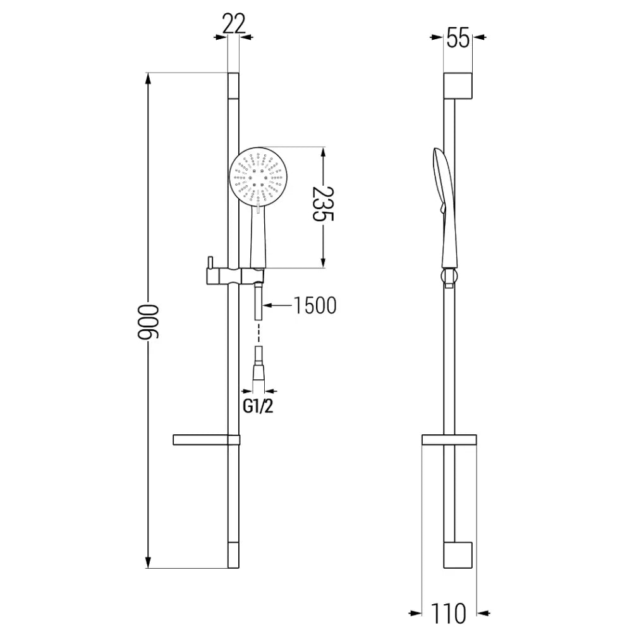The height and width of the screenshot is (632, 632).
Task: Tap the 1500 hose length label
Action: pos(315,305)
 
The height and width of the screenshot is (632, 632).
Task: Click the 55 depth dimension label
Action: pos(458,39)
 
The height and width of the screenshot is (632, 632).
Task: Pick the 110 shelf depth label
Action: pos(450,612)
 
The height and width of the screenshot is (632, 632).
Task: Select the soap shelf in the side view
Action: pos(449,440)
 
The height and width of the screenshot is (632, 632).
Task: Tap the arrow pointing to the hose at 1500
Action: pos(268,305)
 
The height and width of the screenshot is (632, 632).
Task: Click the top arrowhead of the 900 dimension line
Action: pos(149,79)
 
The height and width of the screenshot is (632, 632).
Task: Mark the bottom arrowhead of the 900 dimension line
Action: pos(149,562)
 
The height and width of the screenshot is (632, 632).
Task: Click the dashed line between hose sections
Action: pos(258,334)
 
